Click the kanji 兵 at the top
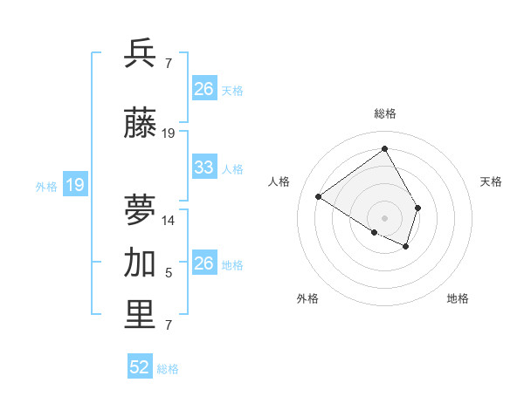(x=141, y=54)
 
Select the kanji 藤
(x=141, y=126)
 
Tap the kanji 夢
(x=141, y=209)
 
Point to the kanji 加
(x=141, y=263)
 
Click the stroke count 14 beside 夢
(x=169, y=221)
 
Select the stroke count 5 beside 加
(x=169, y=274)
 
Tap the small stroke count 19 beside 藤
(x=169, y=133)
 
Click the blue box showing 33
(x=204, y=167)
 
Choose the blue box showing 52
(x=140, y=368)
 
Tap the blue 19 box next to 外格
(x=74, y=185)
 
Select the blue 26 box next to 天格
(x=204, y=89)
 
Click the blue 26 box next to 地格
(x=204, y=263)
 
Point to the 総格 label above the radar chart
(x=384, y=113)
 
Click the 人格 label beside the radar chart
(x=279, y=181)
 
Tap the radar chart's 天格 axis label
(x=491, y=181)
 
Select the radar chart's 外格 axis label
(x=307, y=298)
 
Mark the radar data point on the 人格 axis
(x=319, y=197)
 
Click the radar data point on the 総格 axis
(x=384, y=148)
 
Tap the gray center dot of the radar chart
(x=384, y=217)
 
